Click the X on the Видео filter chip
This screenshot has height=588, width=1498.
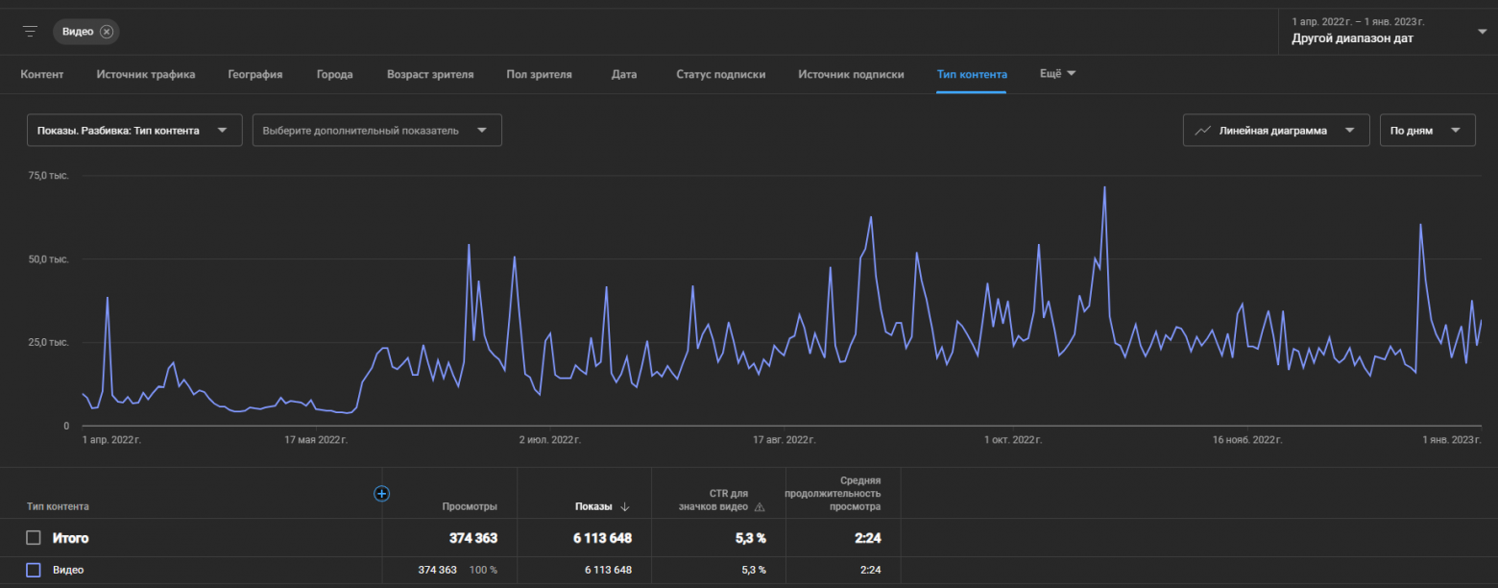click(107, 32)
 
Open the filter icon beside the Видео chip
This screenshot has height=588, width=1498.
click(30, 32)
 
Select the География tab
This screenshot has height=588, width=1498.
click(254, 74)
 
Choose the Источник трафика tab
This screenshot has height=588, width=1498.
click(146, 74)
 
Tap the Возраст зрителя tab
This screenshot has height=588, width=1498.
click(430, 74)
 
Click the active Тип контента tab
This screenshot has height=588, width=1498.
click(972, 74)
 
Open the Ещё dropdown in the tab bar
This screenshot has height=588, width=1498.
click(1057, 74)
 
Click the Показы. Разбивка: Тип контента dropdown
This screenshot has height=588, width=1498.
click(134, 131)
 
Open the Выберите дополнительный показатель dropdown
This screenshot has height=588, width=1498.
click(377, 131)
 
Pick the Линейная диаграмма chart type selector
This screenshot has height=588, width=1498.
click(1276, 131)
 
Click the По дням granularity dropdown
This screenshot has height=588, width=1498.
click(1427, 131)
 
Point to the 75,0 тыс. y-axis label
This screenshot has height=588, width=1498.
click(48, 175)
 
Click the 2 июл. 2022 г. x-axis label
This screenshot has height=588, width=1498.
click(549, 439)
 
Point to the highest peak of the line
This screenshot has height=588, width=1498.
click(1104, 187)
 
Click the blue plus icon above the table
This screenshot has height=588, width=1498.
click(381, 494)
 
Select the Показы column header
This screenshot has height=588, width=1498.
click(593, 506)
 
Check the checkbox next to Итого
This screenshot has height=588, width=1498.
click(34, 538)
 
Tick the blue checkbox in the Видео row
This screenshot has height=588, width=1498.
click(34, 570)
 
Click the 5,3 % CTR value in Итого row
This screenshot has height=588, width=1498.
click(750, 538)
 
